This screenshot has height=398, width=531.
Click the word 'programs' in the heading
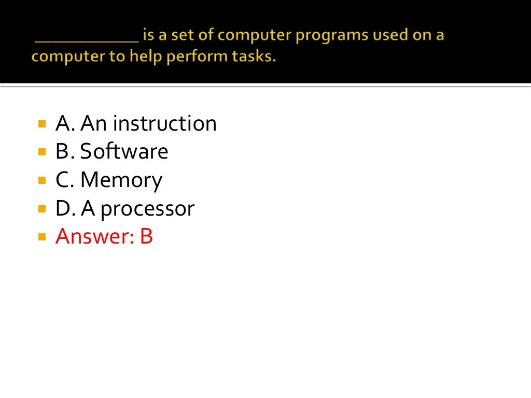(x=304, y=37)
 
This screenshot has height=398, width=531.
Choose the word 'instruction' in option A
(x=164, y=123)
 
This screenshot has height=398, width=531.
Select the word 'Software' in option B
(x=124, y=151)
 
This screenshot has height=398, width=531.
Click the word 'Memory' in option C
(x=121, y=180)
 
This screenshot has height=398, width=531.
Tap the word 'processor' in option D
(x=147, y=209)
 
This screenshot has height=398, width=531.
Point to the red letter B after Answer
(x=146, y=236)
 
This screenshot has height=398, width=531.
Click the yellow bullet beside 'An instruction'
(x=42, y=124)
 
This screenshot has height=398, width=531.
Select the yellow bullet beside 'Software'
(x=42, y=152)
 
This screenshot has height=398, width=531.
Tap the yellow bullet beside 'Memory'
(x=42, y=181)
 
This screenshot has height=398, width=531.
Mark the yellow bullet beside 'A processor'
(x=42, y=209)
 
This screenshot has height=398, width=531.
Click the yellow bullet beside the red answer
(x=42, y=237)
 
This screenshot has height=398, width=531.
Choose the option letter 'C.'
(x=65, y=180)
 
